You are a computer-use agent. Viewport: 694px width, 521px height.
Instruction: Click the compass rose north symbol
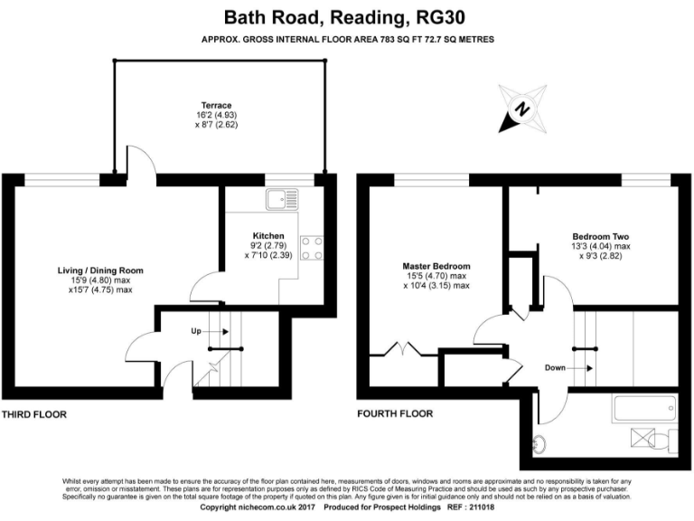click(521, 109)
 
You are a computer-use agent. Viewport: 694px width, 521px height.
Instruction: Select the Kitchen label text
click(244, 235)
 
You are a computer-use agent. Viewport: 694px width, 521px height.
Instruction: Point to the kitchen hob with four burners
click(313, 248)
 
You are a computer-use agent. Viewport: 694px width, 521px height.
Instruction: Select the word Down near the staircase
click(557, 368)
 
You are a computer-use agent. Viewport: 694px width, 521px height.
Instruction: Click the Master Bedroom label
click(436, 266)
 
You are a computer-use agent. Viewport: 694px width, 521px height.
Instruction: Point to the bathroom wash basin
click(539, 443)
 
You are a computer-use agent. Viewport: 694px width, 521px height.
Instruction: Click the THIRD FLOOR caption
click(34, 414)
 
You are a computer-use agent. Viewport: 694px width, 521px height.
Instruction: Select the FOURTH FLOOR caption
click(395, 414)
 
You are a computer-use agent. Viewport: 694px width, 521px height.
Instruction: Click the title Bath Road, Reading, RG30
click(347, 16)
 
